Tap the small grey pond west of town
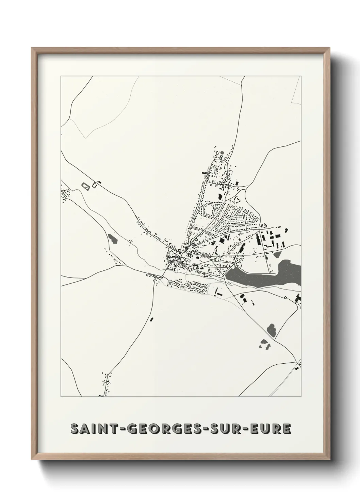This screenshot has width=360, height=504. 113,238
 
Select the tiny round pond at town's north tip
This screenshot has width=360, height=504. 223,153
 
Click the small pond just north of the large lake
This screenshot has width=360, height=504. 277,254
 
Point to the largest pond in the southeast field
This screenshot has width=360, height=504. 272,329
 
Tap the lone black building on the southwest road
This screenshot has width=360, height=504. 152,319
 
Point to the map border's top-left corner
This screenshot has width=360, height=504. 61,76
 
